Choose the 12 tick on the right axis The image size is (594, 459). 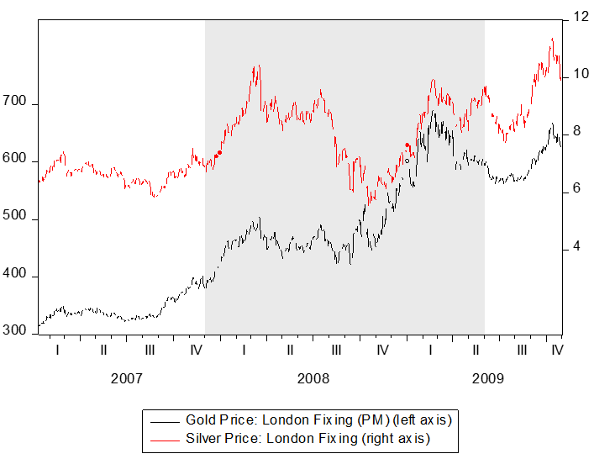[579, 17]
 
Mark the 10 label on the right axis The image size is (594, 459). [579, 74]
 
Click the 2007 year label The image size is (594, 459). [126, 378]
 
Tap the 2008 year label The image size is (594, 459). [313, 378]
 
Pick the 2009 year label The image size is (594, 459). [488, 378]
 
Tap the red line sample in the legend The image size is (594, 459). [165, 438]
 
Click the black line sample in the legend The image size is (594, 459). [165, 418]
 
